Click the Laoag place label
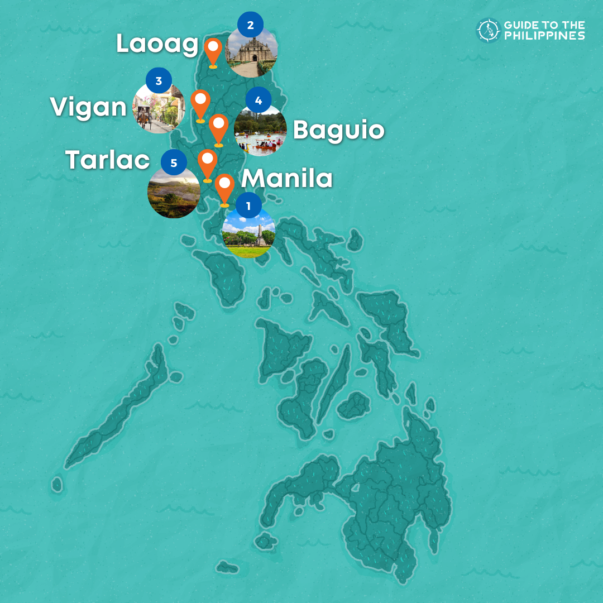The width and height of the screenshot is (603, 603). tap(157, 45)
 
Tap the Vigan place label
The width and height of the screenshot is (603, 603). tap(89, 107)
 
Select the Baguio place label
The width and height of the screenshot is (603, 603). tap(338, 131)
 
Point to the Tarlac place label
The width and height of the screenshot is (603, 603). tap(108, 160)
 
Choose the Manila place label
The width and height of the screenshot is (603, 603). tap(287, 179)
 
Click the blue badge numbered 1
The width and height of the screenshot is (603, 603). tap(248, 206)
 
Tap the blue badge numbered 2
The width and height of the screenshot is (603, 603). tap(250, 25)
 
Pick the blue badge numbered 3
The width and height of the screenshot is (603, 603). tap(159, 82)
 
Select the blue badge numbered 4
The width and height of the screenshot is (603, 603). tap(258, 100)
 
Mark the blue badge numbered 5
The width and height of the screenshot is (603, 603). tap(174, 163)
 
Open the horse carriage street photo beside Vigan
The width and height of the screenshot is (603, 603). tap(158, 109)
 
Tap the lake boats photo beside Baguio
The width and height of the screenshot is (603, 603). tap(260, 132)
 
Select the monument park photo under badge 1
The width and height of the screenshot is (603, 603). tap(248, 234)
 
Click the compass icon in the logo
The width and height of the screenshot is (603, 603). tap(487, 30)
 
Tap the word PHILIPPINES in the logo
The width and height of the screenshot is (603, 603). tap(544, 36)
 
